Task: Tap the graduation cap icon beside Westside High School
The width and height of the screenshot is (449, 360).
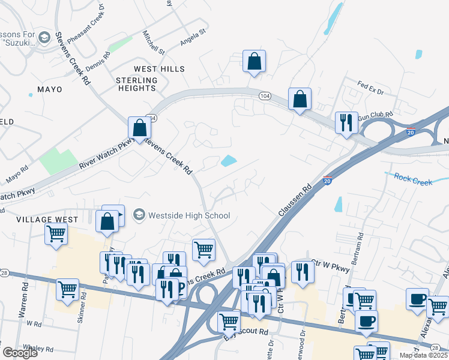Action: [139, 215]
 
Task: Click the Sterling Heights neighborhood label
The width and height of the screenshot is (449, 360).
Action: [136, 84]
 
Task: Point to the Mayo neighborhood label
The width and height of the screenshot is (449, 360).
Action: [50, 89]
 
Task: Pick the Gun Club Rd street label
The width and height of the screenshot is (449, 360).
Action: [375, 113]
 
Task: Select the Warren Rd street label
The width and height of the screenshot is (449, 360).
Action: [25, 305]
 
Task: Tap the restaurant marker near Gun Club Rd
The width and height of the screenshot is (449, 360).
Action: [346, 123]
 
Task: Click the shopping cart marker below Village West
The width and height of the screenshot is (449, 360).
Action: [56, 234]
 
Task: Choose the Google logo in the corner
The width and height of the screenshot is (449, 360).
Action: [20, 353]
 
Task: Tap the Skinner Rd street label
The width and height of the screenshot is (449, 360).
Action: [82, 308]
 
